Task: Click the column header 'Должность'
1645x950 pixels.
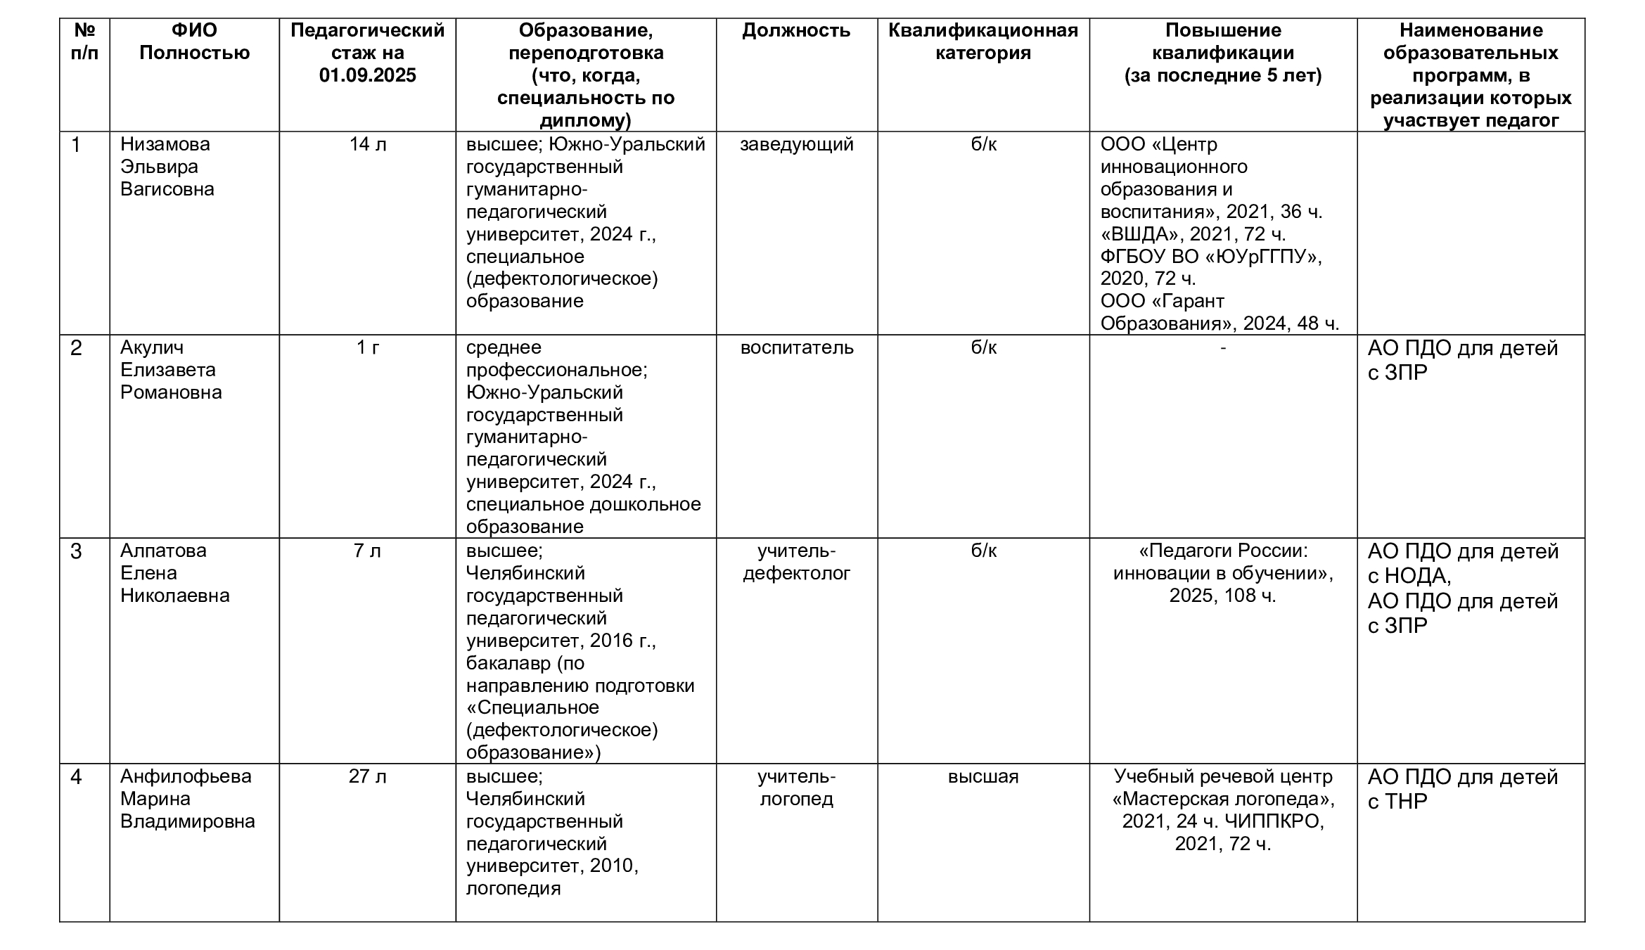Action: point(796,31)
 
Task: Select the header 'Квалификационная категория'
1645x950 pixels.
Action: point(982,41)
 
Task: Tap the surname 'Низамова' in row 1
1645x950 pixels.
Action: point(165,144)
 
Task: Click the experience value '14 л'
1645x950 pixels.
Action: point(368,144)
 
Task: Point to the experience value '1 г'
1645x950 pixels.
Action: point(368,347)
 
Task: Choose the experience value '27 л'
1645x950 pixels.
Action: point(368,776)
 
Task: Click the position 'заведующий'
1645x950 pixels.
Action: point(796,144)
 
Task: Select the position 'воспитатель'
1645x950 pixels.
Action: point(796,347)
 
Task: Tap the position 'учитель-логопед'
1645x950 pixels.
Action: point(796,788)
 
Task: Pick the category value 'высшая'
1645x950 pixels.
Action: point(982,776)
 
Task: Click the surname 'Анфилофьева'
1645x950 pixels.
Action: point(186,776)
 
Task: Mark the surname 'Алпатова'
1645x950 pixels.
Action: point(163,551)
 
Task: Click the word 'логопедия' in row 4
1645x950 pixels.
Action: point(513,888)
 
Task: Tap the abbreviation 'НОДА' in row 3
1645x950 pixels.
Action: point(1416,577)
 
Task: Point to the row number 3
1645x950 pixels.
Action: point(76,551)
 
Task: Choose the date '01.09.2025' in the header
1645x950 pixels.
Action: point(368,75)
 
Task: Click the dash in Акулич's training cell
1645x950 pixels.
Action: point(1223,347)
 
